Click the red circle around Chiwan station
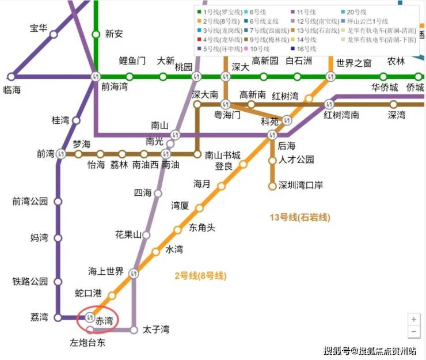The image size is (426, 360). [x=97, y=319]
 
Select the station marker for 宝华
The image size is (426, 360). [x=54, y=35]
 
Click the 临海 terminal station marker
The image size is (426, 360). [x=11, y=76]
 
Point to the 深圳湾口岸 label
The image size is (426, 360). [x=301, y=185]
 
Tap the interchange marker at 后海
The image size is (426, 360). [x=272, y=135]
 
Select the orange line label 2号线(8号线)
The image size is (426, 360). [x=200, y=275]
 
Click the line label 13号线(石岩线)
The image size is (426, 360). [x=300, y=217]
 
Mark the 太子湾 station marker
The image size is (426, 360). [x=134, y=330]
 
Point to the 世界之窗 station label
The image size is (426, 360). [x=354, y=63]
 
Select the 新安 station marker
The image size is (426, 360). [x=96, y=34]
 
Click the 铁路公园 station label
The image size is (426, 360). [x=30, y=282]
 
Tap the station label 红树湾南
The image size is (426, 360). [x=341, y=115]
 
